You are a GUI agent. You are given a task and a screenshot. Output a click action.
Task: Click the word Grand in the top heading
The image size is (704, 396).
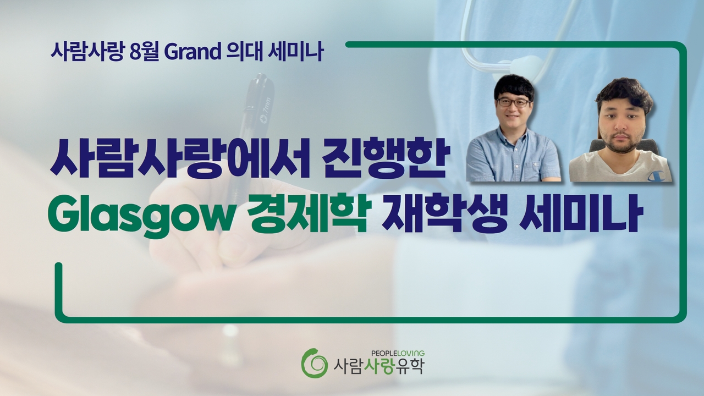[x=193, y=52]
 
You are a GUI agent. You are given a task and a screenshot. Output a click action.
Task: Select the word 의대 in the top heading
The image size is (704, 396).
[x=244, y=52]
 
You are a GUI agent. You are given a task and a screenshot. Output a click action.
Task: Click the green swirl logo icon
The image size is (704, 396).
[x=313, y=363]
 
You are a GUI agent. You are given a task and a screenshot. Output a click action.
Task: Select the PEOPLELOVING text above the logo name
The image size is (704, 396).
[x=398, y=353]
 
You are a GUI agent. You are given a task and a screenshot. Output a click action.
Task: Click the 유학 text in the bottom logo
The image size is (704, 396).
[x=409, y=367]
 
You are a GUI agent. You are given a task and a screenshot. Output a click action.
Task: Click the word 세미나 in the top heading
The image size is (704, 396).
[x=295, y=52]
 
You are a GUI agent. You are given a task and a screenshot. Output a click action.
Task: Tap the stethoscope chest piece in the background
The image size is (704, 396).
[x=528, y=68]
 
